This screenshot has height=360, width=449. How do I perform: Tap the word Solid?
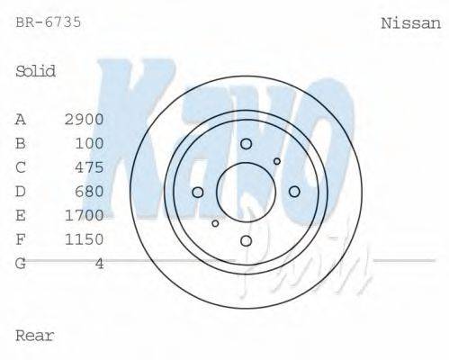tap(36, 71)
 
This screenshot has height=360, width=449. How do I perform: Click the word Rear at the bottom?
tap(35, 336)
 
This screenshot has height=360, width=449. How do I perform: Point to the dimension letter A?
tap(21, 119)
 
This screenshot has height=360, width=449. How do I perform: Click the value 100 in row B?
tap(89, 143)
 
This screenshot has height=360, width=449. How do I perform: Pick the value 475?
tap(89, 167)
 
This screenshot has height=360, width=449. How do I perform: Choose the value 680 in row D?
tap(89, 191)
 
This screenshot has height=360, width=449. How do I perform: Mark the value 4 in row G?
tap(99, 263)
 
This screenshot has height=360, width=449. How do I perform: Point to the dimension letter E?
tap(21, 215)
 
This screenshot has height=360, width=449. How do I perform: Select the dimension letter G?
tap(21, 263)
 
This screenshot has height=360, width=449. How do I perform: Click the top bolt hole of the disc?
tap(246, 144)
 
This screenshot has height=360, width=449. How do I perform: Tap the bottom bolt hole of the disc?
tap(246, 240)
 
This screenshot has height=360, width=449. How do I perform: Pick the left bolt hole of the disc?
tap(198, 192)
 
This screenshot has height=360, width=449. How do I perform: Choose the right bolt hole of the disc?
tap(293, 191)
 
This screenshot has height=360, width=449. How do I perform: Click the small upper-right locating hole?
tap(277, 162)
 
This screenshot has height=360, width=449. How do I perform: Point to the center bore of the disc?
tap(246, 192)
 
